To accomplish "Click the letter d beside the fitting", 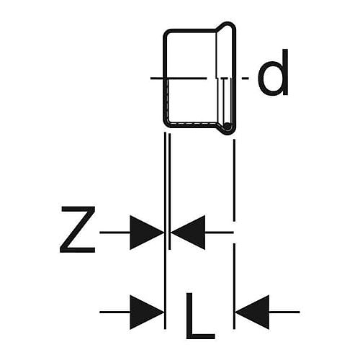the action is [273, 72].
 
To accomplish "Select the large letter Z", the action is [77, 230].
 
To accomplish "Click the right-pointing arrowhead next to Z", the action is [147, 233].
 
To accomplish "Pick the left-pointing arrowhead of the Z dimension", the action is [188, 233].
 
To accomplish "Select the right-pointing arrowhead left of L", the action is [147, 312].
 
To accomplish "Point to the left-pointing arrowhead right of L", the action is [253, 312].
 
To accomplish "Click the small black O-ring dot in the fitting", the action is [226, 125].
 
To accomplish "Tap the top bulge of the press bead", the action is [227, 24].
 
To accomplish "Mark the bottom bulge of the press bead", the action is [227, 132].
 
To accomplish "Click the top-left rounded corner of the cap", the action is [166, 32].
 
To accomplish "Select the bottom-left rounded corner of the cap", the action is [166, 125].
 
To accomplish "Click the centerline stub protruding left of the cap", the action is [157, 78].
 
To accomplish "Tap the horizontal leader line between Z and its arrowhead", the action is [114, 233].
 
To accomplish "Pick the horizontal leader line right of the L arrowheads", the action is [284, 312].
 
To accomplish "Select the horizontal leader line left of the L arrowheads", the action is [114, 312].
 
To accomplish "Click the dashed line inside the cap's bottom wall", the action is [192, 123].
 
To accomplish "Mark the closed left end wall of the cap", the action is [165, 78].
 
